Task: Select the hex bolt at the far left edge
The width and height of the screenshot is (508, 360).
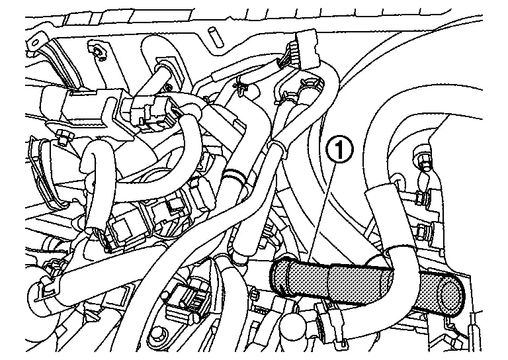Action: (x=62, y=139)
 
